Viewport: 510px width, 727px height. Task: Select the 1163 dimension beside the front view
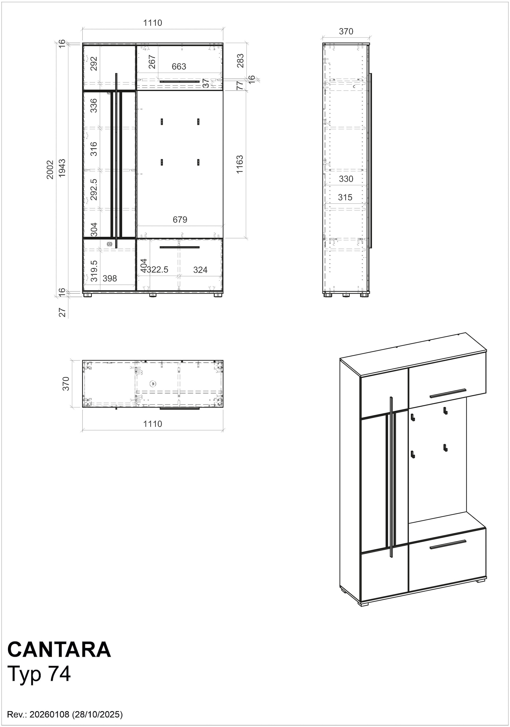[240, 164]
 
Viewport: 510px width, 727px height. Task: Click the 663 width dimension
[179, 67]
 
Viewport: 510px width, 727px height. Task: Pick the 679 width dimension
[180, 219]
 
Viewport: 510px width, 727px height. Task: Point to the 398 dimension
[110, 278]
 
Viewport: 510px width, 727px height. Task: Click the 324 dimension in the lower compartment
[200, 270]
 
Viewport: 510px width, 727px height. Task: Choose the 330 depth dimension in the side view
[346, 179]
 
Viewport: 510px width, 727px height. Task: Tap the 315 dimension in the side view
[345, 197]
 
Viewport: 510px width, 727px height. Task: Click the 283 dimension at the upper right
[240, 60]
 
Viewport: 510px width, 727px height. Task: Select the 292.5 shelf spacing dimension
[94, 189]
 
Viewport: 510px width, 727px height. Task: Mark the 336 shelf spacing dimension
[94, 105]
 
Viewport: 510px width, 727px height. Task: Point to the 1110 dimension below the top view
[153, 424]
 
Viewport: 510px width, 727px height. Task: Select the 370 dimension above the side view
[346, 31]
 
